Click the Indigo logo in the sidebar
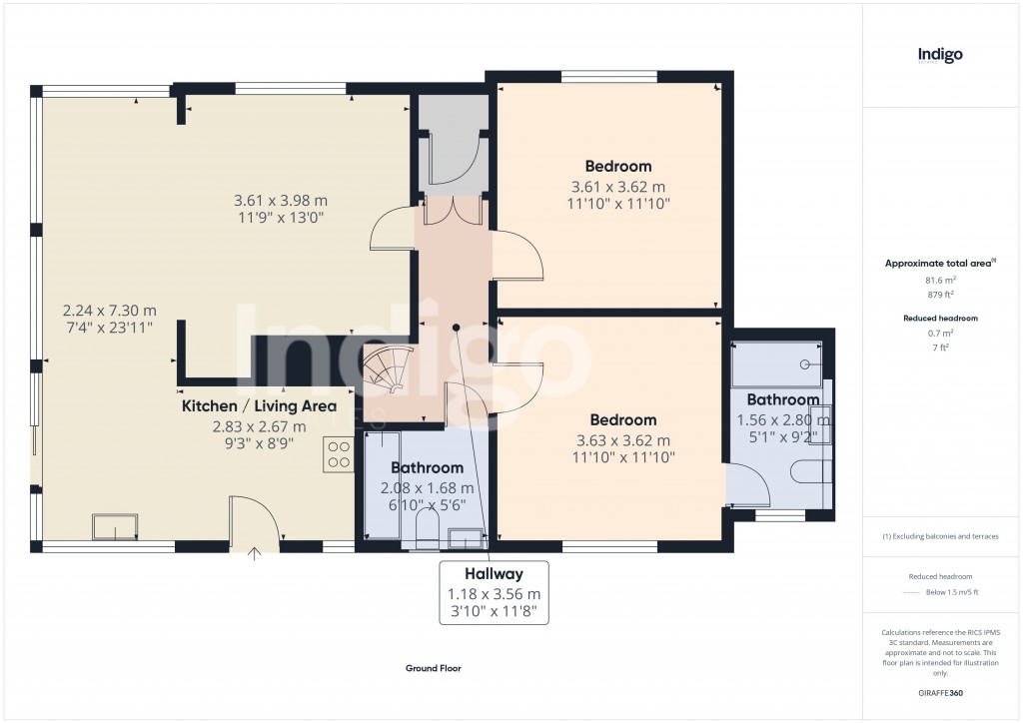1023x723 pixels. coord(940,55)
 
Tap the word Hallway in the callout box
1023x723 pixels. coord(493,574)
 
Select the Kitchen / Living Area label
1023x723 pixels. coord(259,406)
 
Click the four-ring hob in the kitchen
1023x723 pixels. coord(338,454)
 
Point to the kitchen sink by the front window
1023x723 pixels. coord(115,525)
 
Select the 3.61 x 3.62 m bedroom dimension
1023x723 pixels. coord(617,187)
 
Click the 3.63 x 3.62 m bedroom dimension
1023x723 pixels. coord(621,440)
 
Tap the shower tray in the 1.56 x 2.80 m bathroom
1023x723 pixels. coord(777,364)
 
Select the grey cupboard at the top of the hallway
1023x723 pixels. coord(453,141)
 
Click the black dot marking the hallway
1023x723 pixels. coord(456,327)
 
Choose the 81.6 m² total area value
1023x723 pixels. coord(939,281)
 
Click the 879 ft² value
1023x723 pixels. coord(939,296)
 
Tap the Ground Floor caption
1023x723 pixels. coord(433,669)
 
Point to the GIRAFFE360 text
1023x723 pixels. coord(940,693)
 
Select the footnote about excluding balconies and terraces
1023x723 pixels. coord(940,536)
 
